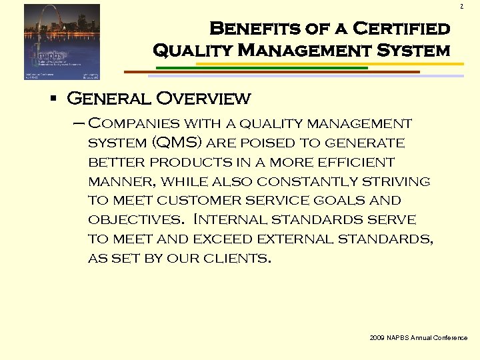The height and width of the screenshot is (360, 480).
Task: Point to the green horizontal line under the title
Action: [x=260, y=67]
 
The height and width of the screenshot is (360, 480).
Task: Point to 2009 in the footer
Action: [x=377, y=338]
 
